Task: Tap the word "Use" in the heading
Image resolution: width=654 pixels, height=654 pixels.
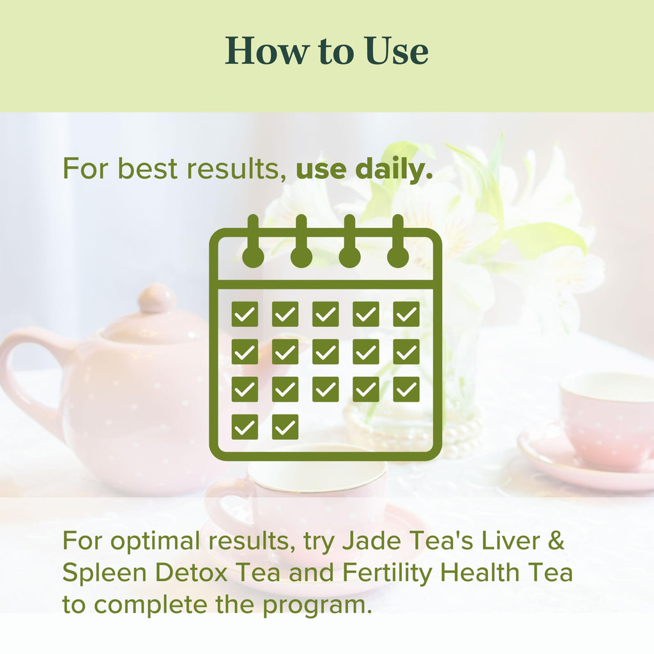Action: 397,51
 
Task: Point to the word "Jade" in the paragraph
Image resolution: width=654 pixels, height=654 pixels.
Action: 365,541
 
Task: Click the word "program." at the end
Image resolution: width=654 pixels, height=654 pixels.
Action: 319,604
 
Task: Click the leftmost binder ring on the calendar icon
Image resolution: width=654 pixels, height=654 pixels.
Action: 253,243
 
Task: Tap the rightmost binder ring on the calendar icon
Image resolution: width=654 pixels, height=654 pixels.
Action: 398,243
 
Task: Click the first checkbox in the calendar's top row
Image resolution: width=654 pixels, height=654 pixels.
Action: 245,314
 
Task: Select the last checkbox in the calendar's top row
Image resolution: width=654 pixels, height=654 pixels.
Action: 406,314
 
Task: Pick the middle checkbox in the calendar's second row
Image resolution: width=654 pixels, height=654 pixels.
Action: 326,351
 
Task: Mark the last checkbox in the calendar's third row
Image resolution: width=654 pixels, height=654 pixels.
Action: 406,389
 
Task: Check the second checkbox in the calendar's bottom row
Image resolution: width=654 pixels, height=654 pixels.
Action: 285,427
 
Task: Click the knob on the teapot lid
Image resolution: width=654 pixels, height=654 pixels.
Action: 157,298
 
